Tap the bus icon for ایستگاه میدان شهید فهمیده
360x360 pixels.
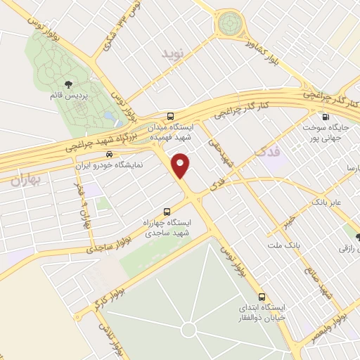tap(170, 116)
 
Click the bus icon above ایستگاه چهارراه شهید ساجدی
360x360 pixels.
tap(167, 211)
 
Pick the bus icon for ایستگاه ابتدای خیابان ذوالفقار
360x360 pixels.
tap(262, 297)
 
